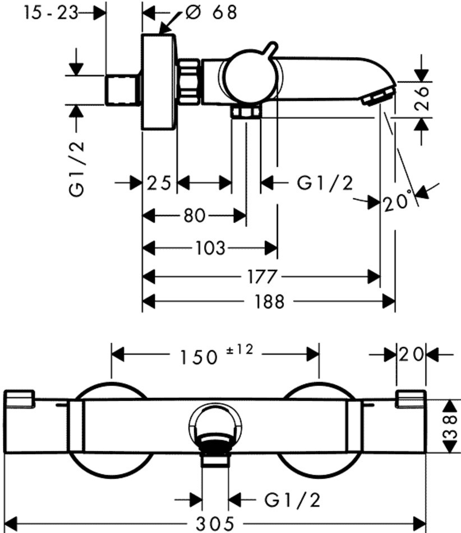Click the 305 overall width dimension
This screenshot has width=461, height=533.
pos(215,524)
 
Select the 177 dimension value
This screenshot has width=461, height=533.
pos(262,276)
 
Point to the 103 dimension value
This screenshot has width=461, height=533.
pos(211,247)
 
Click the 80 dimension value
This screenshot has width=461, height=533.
pos(194,215)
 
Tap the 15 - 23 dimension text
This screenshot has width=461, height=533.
pos(50,12)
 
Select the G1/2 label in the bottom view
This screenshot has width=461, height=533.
pos(293,498)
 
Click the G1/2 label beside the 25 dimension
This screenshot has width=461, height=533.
pos(325,183)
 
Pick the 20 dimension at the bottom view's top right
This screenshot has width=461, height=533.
pos(412,354)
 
